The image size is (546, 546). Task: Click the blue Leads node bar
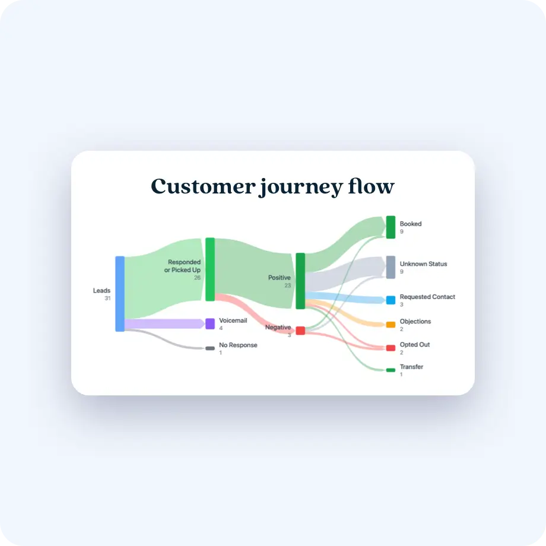pos(120,294)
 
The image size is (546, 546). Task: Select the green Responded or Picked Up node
pos(210,269)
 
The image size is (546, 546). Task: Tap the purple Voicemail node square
pos(210,323)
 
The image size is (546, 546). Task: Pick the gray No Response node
pos(210,348)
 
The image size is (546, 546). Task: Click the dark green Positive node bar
pos(300,281)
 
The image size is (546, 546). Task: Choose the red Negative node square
pos(300,331)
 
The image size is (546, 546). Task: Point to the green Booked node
pos(391,227)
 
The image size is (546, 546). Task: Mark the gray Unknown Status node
pos(391,267)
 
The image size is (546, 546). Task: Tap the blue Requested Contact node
pos(391,300)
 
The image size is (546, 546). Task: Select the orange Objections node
pos(391,325)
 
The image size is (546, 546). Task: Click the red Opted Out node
pos(391,348)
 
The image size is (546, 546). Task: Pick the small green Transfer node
pos(391,370)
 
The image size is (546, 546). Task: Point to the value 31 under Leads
pos(107,298)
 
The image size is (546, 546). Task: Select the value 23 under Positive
pos(287,285)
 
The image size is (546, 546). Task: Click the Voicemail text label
pos(233,320)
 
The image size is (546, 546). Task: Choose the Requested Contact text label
pos(427,297)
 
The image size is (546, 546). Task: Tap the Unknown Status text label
pos(423,264)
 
